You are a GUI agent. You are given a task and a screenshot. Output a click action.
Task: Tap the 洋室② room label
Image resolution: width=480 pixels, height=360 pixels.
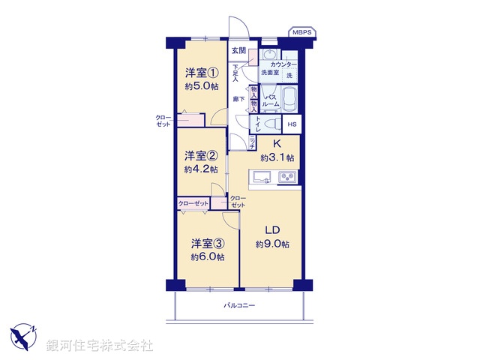coord(201,156)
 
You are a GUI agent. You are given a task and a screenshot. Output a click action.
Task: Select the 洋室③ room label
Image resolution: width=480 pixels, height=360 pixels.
coord(207,243)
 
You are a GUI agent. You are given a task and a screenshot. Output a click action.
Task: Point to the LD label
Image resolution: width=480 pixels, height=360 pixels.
coord(271,230)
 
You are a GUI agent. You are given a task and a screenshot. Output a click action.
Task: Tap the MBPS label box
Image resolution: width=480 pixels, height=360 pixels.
coord(303,32)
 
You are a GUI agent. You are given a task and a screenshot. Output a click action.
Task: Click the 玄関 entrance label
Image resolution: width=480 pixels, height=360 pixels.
coord(238,51)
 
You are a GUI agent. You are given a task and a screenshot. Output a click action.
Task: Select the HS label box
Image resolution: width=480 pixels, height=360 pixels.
coord(292,124)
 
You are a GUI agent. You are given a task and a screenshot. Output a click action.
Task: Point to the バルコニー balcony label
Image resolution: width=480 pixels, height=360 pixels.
coord(239,306)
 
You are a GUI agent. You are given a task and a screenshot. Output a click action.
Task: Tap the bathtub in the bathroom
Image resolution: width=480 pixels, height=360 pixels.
coord(289,98)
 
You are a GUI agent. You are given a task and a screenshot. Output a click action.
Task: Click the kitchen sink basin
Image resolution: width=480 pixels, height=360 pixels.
coord(262,177)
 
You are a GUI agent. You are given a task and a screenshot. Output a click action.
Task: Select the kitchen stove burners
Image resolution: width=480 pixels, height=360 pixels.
coord(288,177)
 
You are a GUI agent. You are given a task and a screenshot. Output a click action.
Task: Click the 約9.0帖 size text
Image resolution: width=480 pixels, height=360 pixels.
coord(271,244)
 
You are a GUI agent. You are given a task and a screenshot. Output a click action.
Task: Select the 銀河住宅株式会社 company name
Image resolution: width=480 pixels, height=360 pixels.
coord(100,346)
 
